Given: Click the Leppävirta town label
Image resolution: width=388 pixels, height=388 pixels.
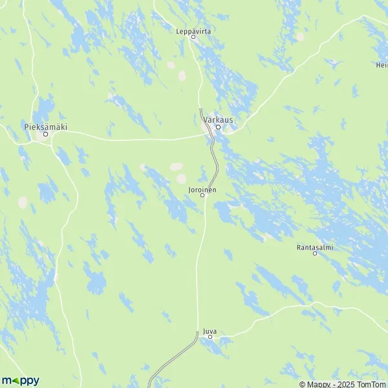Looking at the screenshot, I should (193, 30).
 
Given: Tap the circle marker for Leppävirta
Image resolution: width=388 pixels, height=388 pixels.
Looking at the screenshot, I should (193, 37).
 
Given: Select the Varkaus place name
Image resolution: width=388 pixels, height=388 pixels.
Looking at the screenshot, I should (217, 120).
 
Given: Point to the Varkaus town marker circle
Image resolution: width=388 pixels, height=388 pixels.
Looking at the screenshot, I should (218, 127).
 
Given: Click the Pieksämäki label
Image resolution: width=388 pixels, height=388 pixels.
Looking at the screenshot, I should (45, 127).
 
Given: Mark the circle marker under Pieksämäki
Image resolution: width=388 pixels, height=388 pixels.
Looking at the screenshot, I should (45, 135).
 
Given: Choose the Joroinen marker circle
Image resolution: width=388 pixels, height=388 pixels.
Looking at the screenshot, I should (202, 195).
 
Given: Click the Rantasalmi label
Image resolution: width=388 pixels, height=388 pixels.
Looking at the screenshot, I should (315, 246).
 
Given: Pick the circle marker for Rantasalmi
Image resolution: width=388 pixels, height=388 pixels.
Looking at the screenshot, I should (315, 253).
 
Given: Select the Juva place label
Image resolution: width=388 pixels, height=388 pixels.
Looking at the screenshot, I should (209, 330).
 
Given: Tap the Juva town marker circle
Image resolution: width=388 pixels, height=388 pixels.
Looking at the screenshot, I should (210, 337).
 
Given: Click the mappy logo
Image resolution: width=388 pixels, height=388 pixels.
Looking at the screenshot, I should (20, 380).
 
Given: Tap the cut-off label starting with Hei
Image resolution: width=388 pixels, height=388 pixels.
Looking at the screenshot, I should (382, 65).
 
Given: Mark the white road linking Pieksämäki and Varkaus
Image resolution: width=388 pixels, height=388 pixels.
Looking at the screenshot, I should (129, 138).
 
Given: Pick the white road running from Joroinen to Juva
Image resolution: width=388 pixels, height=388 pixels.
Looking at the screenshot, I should (197, 272).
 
